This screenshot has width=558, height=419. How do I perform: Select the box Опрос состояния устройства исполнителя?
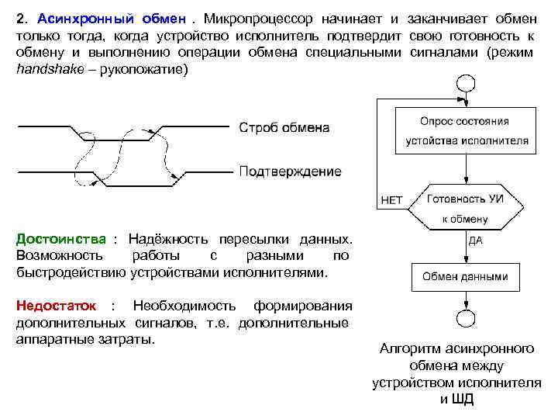(464, 130)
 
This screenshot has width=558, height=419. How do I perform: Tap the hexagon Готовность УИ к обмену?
(465, 208)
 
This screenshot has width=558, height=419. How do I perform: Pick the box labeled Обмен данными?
(465, 276)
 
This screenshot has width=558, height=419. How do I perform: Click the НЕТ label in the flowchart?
(392, 199)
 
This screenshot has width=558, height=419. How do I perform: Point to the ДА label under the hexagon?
(475, 241)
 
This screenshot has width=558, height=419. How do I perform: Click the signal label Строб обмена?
(284, 127)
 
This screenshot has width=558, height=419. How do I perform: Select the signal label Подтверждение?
(290, 171)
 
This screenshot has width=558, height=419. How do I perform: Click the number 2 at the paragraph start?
(19, 18)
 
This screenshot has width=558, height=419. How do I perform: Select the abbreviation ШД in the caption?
(463, 400)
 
